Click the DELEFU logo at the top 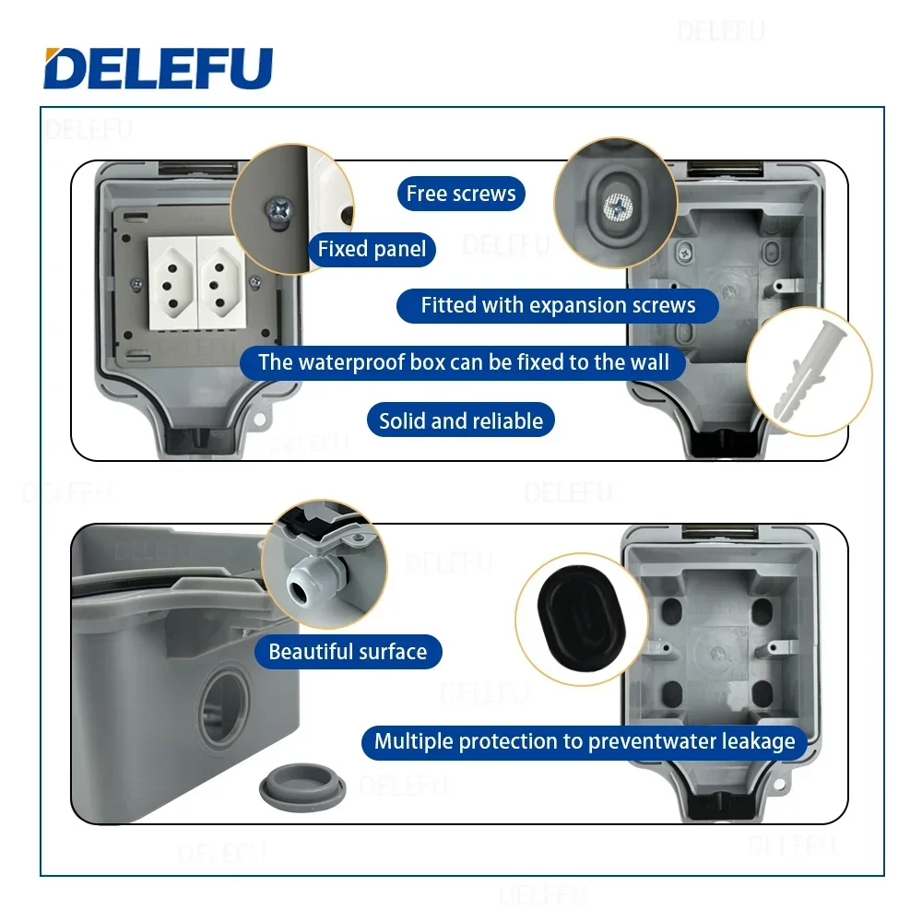point(158,68)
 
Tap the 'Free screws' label point(461,194)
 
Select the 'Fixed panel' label point(372,249)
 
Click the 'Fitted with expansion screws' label point(558,305)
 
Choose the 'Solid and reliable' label point(461,421)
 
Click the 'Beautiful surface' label point(348,652)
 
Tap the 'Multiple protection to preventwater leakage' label point(585,740)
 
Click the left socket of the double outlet point(171,273)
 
